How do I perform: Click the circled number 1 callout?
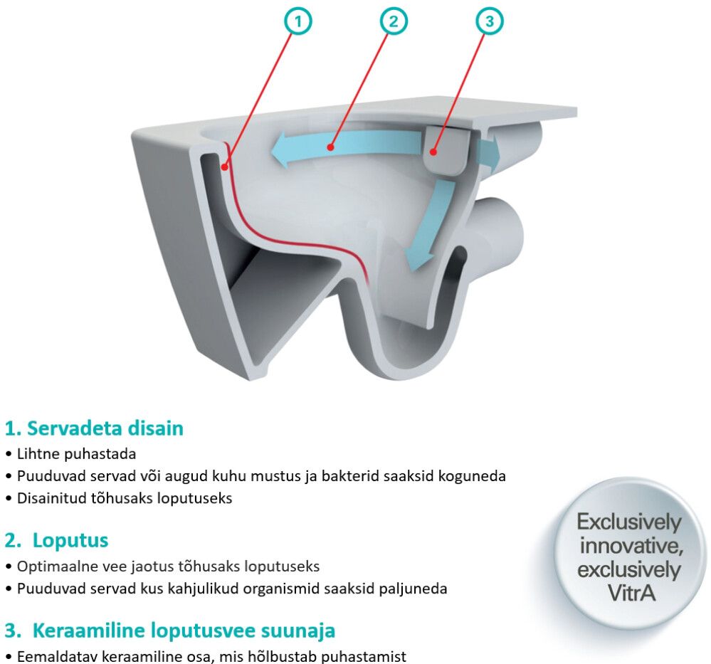(x=298, y=21)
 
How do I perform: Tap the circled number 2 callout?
(x=393, y=21)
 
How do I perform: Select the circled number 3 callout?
(x=489, y=21)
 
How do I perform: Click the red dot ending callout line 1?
(x=224, y=167)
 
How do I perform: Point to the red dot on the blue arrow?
(x=330, y=147)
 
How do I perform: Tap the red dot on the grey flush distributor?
(x=433, y=152)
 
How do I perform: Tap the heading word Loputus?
(x=70, y=540)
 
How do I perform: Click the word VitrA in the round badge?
(x=632, y=593)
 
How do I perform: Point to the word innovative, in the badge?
(x=631, y=546)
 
